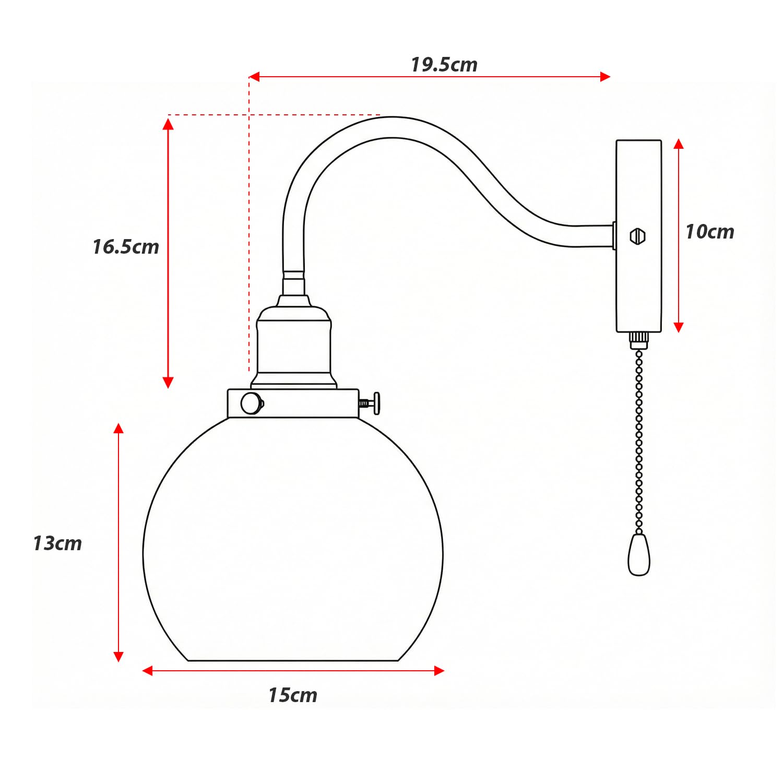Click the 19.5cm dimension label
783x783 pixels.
444,65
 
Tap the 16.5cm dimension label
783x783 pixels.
126,247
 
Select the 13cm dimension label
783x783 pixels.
57,543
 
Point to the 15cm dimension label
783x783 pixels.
293,695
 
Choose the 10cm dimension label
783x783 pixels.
709,232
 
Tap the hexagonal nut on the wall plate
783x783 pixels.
637,236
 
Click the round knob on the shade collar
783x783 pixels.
251,403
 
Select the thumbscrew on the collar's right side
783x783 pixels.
372,403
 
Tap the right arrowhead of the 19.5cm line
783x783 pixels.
606,77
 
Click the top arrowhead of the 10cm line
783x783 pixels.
679,144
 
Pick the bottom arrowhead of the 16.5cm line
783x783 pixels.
168,383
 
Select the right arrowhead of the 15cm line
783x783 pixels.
439,671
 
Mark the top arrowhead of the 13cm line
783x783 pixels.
118,429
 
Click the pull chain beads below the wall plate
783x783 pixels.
639,444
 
